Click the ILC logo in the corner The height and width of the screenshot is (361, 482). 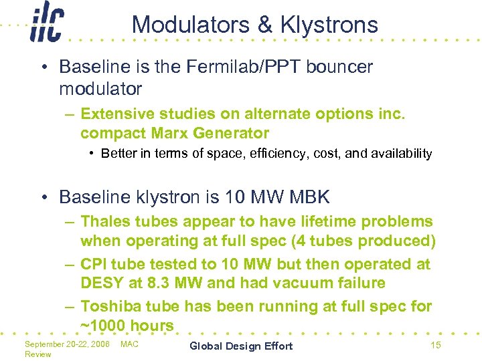(47, 26)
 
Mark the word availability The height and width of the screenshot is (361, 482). (398, 154)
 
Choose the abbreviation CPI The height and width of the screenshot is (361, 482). (96, 264)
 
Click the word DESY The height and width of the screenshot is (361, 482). (102, 283)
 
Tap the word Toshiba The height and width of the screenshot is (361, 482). (108, 307)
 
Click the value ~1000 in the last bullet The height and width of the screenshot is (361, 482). (103, 326)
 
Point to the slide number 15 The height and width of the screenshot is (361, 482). (435, 345)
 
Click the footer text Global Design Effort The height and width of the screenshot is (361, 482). (241, 346)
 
